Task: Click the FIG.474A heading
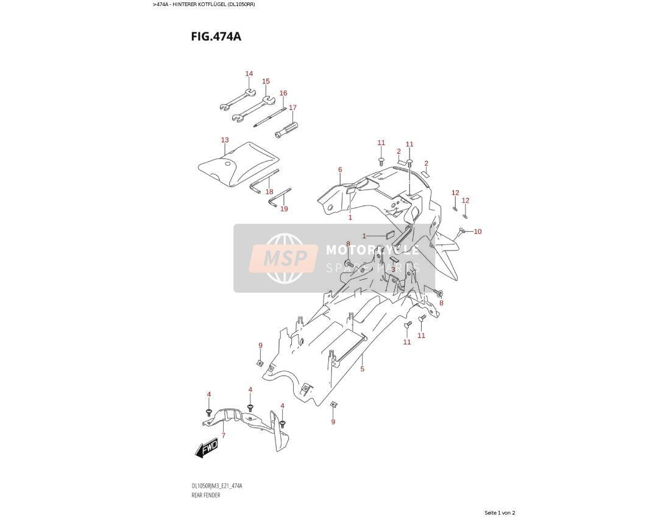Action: click(216, 37)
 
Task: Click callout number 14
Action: click(249, 73)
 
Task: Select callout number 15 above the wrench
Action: click(266, 81)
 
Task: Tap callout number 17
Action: click(292, 107)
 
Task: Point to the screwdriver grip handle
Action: click(286, 129)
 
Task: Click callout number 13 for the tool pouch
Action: click(225, 140)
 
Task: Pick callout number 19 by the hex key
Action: click(284, 209)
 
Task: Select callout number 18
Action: click(269, 191)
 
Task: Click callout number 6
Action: click(340, 170)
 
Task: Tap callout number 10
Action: click(478, 232)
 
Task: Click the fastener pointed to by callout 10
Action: click(461, 232)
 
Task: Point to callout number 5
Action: click(363, 369)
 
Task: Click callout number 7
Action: click(223, 435)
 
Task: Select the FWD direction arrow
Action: click(207, 449)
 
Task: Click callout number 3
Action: click(393, 269)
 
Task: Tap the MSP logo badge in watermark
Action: click(285, 258)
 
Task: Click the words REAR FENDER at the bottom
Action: click(206, 495)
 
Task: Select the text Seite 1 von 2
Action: click(500, 513)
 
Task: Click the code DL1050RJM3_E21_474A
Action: click(217, 487)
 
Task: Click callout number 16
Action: click(283, 93)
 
